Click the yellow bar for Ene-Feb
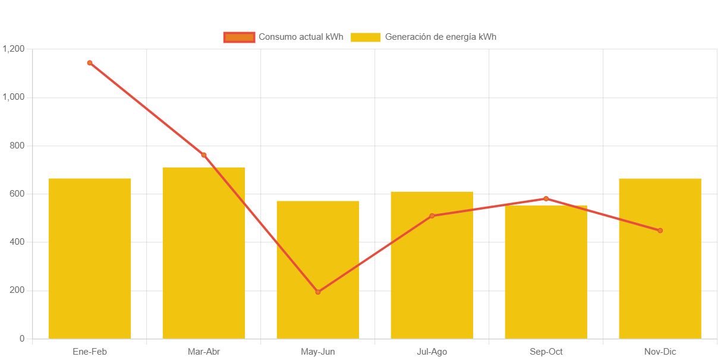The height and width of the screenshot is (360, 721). pyautogui.click(x=90, y=258)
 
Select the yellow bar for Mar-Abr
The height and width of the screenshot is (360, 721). pyautogui.click(x=204, y=252)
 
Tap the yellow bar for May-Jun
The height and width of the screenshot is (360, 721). pyautogui.click(x=318, y=270)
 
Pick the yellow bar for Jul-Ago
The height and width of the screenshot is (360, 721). pyautogui.click(x=432, y=265)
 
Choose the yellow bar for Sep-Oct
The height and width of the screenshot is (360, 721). pyautogui.click(x=546, y=271)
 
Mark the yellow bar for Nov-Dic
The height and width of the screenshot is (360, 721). pyautogui.click(x=660, y=258)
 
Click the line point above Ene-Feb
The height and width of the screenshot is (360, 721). pyautogui.click(x=90, y=62)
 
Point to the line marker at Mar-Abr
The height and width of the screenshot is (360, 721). pyautogui.click(x=204, y=155)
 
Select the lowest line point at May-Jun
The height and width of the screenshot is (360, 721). pyautogui.click(x=318, y=292)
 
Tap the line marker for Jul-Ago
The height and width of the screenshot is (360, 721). pyautogui.click(x=432, y=216)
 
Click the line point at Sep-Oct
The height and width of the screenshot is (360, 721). pyautogui.click(x=546, y=198)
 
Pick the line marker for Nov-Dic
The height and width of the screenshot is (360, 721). pyautogui.click(x=660, y=230)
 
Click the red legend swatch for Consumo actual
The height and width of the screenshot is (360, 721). pyautogui.click(x=239, y=37)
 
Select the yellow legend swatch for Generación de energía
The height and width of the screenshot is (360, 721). pyautogui.click(x=366, y=37)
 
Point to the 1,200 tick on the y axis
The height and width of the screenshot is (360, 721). pyautogui.click(x=14, y=49)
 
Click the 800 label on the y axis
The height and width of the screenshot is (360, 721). pyautogui.click(x=17, y=146)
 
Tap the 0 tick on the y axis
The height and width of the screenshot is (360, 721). pyautogui.click(x=22, y=339)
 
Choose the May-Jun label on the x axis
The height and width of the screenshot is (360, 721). pyautogui.click(x=318, y=352)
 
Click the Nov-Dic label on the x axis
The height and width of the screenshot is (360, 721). pyautogui.click(x=660, y=352)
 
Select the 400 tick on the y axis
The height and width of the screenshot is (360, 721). pyautogui.click(x=17, y=242)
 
